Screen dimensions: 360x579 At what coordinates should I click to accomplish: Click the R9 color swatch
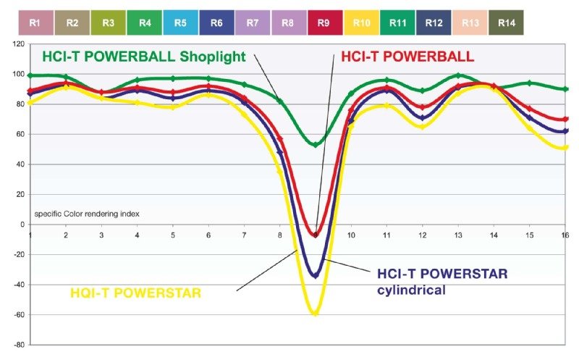[325, 22]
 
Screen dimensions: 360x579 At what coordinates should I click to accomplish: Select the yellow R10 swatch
[361, 22]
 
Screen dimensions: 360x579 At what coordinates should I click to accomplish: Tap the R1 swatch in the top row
[35, 22]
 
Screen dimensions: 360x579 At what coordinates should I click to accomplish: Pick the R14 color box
[507, 22]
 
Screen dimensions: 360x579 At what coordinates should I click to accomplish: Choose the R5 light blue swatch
[180, 22]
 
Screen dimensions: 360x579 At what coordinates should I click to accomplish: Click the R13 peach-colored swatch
[470, 22]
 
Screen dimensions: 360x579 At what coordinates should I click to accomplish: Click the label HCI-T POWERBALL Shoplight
[144, 56]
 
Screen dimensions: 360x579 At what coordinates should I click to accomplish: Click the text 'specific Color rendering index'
[87, 214]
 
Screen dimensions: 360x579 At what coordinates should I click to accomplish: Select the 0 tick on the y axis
[21, 225]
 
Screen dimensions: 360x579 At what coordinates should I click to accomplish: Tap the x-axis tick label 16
[565, 235]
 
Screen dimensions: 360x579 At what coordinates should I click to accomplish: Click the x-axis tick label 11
[386, 235]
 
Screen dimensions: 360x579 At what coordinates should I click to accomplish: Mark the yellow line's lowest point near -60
[315, 313]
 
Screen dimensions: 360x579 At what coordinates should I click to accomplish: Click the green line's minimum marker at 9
[315, 144]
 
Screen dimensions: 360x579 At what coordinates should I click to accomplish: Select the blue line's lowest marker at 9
[315, 275]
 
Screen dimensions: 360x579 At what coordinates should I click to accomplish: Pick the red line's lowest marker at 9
[315, 234]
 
